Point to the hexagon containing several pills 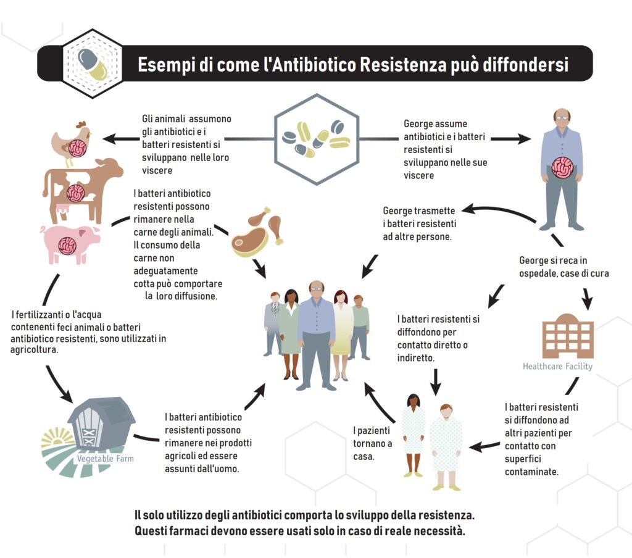pyautogui.click(x=316, y=139)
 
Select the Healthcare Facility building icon pyautogui.click(x=567, y=336)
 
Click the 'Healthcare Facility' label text pyautogui.click(x=557, y=366)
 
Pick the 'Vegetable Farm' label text pyautogui.click(x=105, y=459)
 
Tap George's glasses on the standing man pyautogui.click(x=562, y=117)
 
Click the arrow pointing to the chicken pyautogui.click(x=117, y=139)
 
